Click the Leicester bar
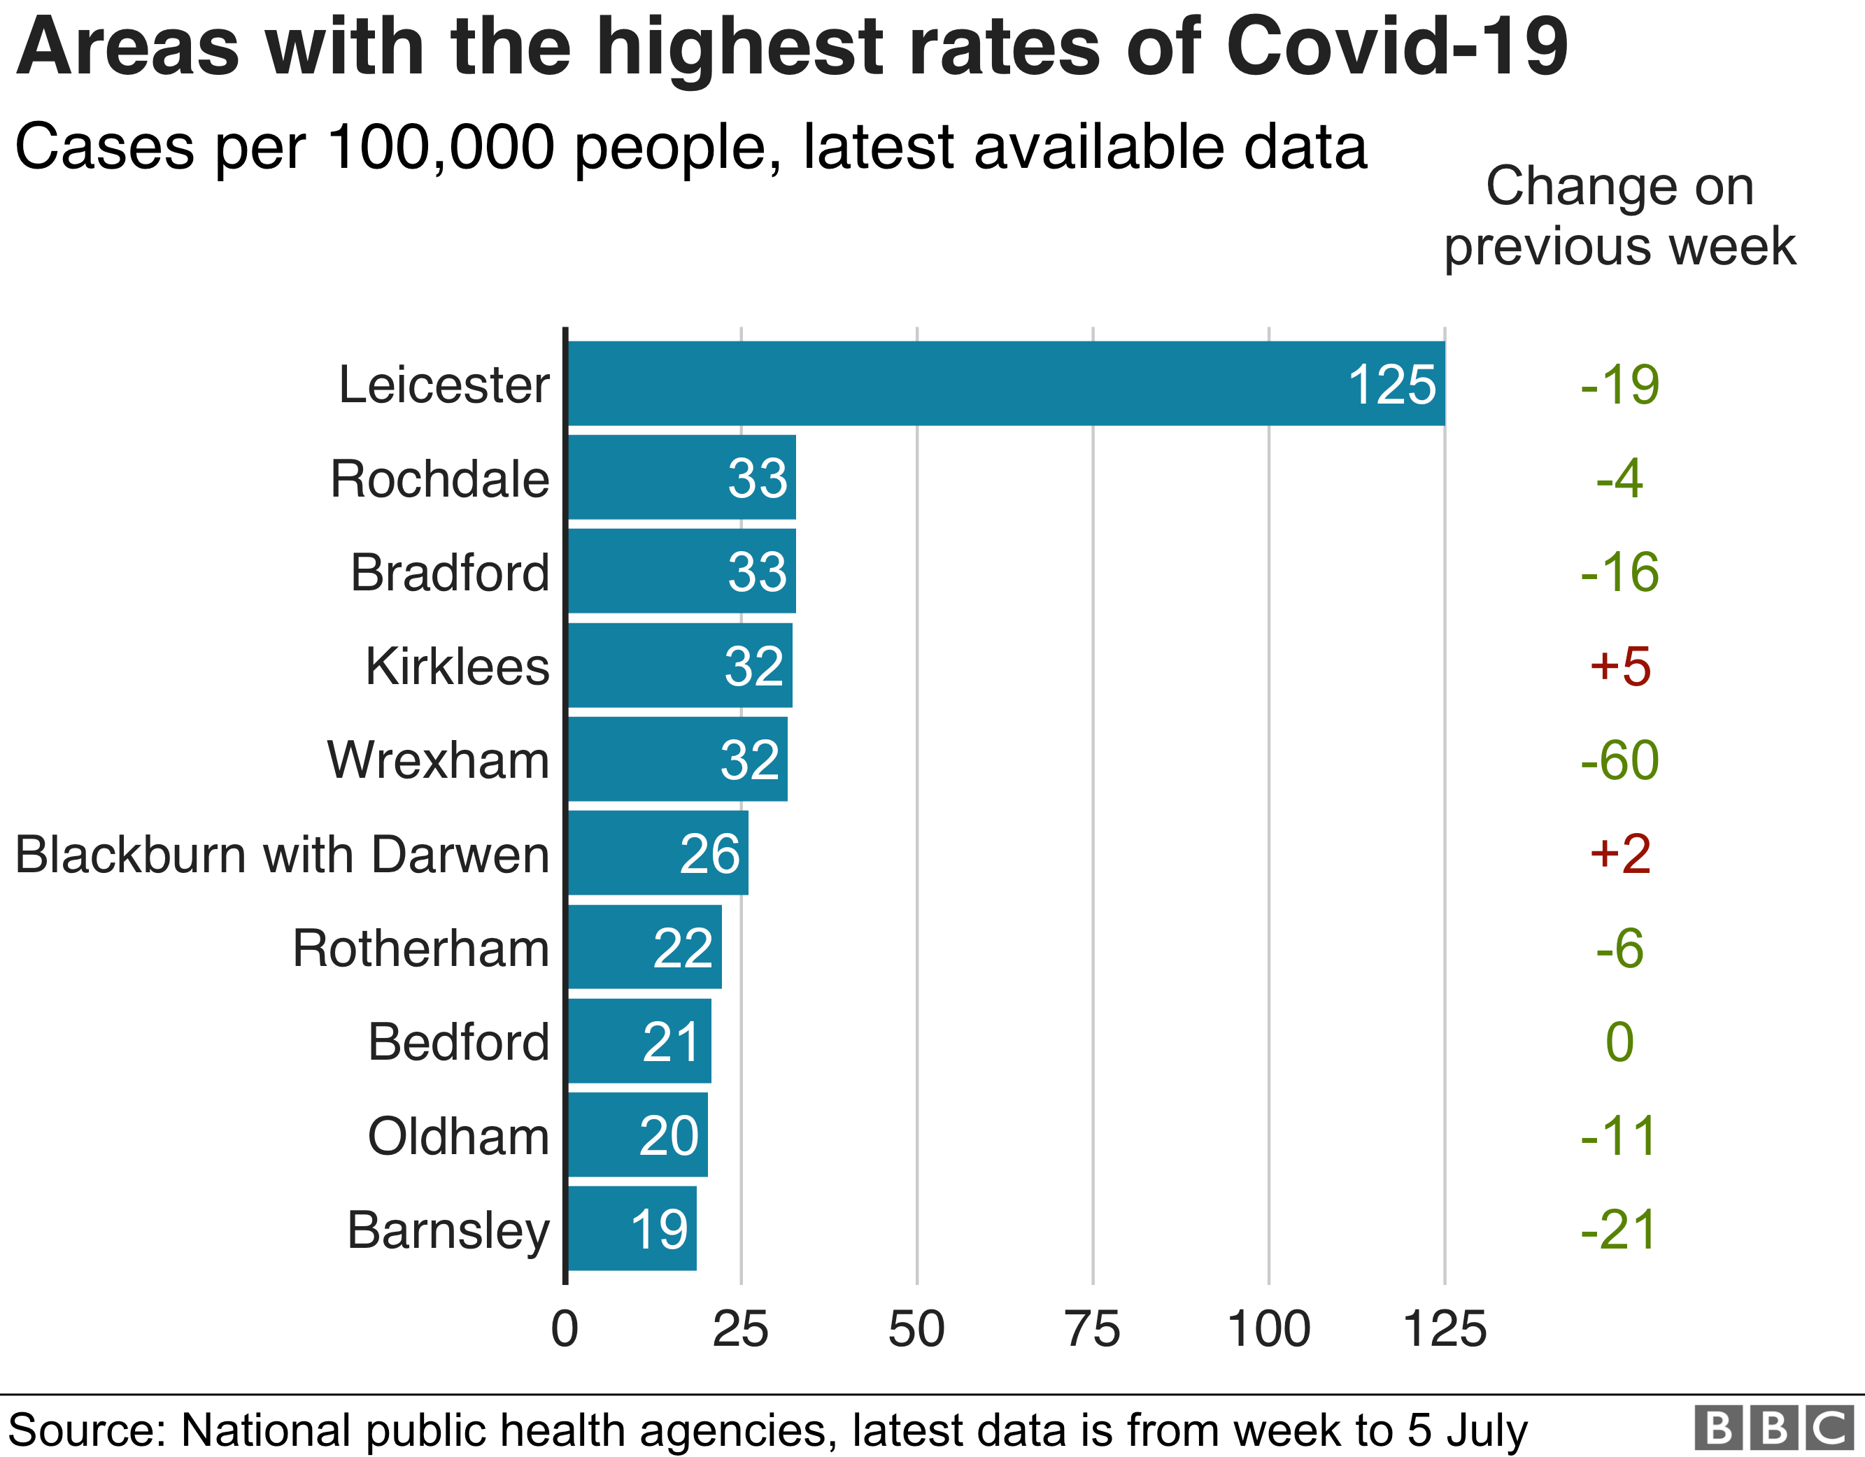1006,383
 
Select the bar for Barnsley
632,1228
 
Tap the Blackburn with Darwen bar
658,853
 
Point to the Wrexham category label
438,760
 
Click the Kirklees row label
457,666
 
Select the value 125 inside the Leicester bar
1392,384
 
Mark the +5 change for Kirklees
1620,666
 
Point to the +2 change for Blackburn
1620,854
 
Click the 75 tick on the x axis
1092,1329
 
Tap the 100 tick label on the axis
1268,1329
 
